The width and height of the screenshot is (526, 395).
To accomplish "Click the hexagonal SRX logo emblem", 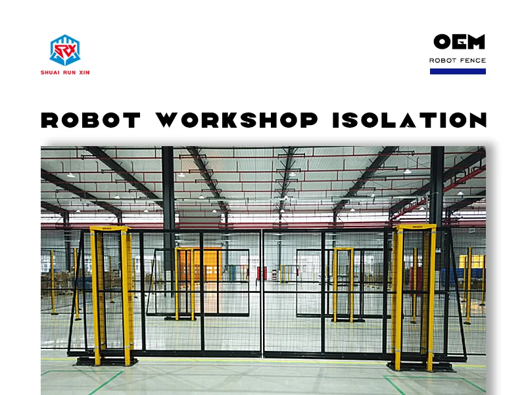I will pos(64,49).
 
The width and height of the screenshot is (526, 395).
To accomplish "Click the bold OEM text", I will pos(459,42).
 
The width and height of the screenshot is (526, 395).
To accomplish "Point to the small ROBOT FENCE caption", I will pos(458,61).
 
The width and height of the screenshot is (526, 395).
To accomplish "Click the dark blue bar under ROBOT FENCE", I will pos(458,71).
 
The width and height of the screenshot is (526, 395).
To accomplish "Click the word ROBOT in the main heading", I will pos(91,120).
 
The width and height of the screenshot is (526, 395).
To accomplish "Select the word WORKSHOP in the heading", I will pos(237,120).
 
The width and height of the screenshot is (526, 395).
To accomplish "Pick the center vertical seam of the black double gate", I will pos(263,293).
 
